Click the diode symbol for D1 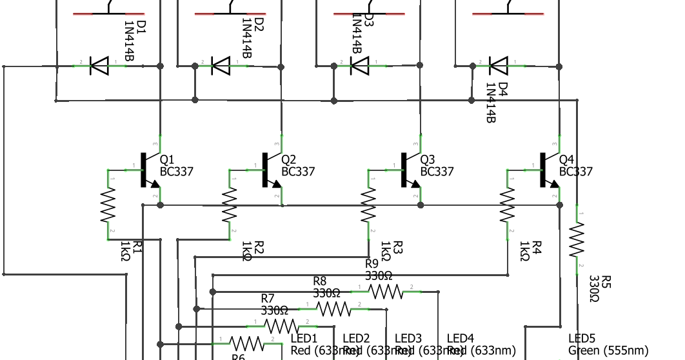coord(99,65)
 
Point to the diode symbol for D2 coord(221,65)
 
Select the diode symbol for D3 coord(359,65)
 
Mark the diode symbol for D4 coord(499,65)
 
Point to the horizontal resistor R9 coord(386,292)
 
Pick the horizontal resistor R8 coord(333,309)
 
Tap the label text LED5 coord(582,339)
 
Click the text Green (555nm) coord(609,350)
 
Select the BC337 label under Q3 coord(437,172)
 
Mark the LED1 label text coord(304,339)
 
